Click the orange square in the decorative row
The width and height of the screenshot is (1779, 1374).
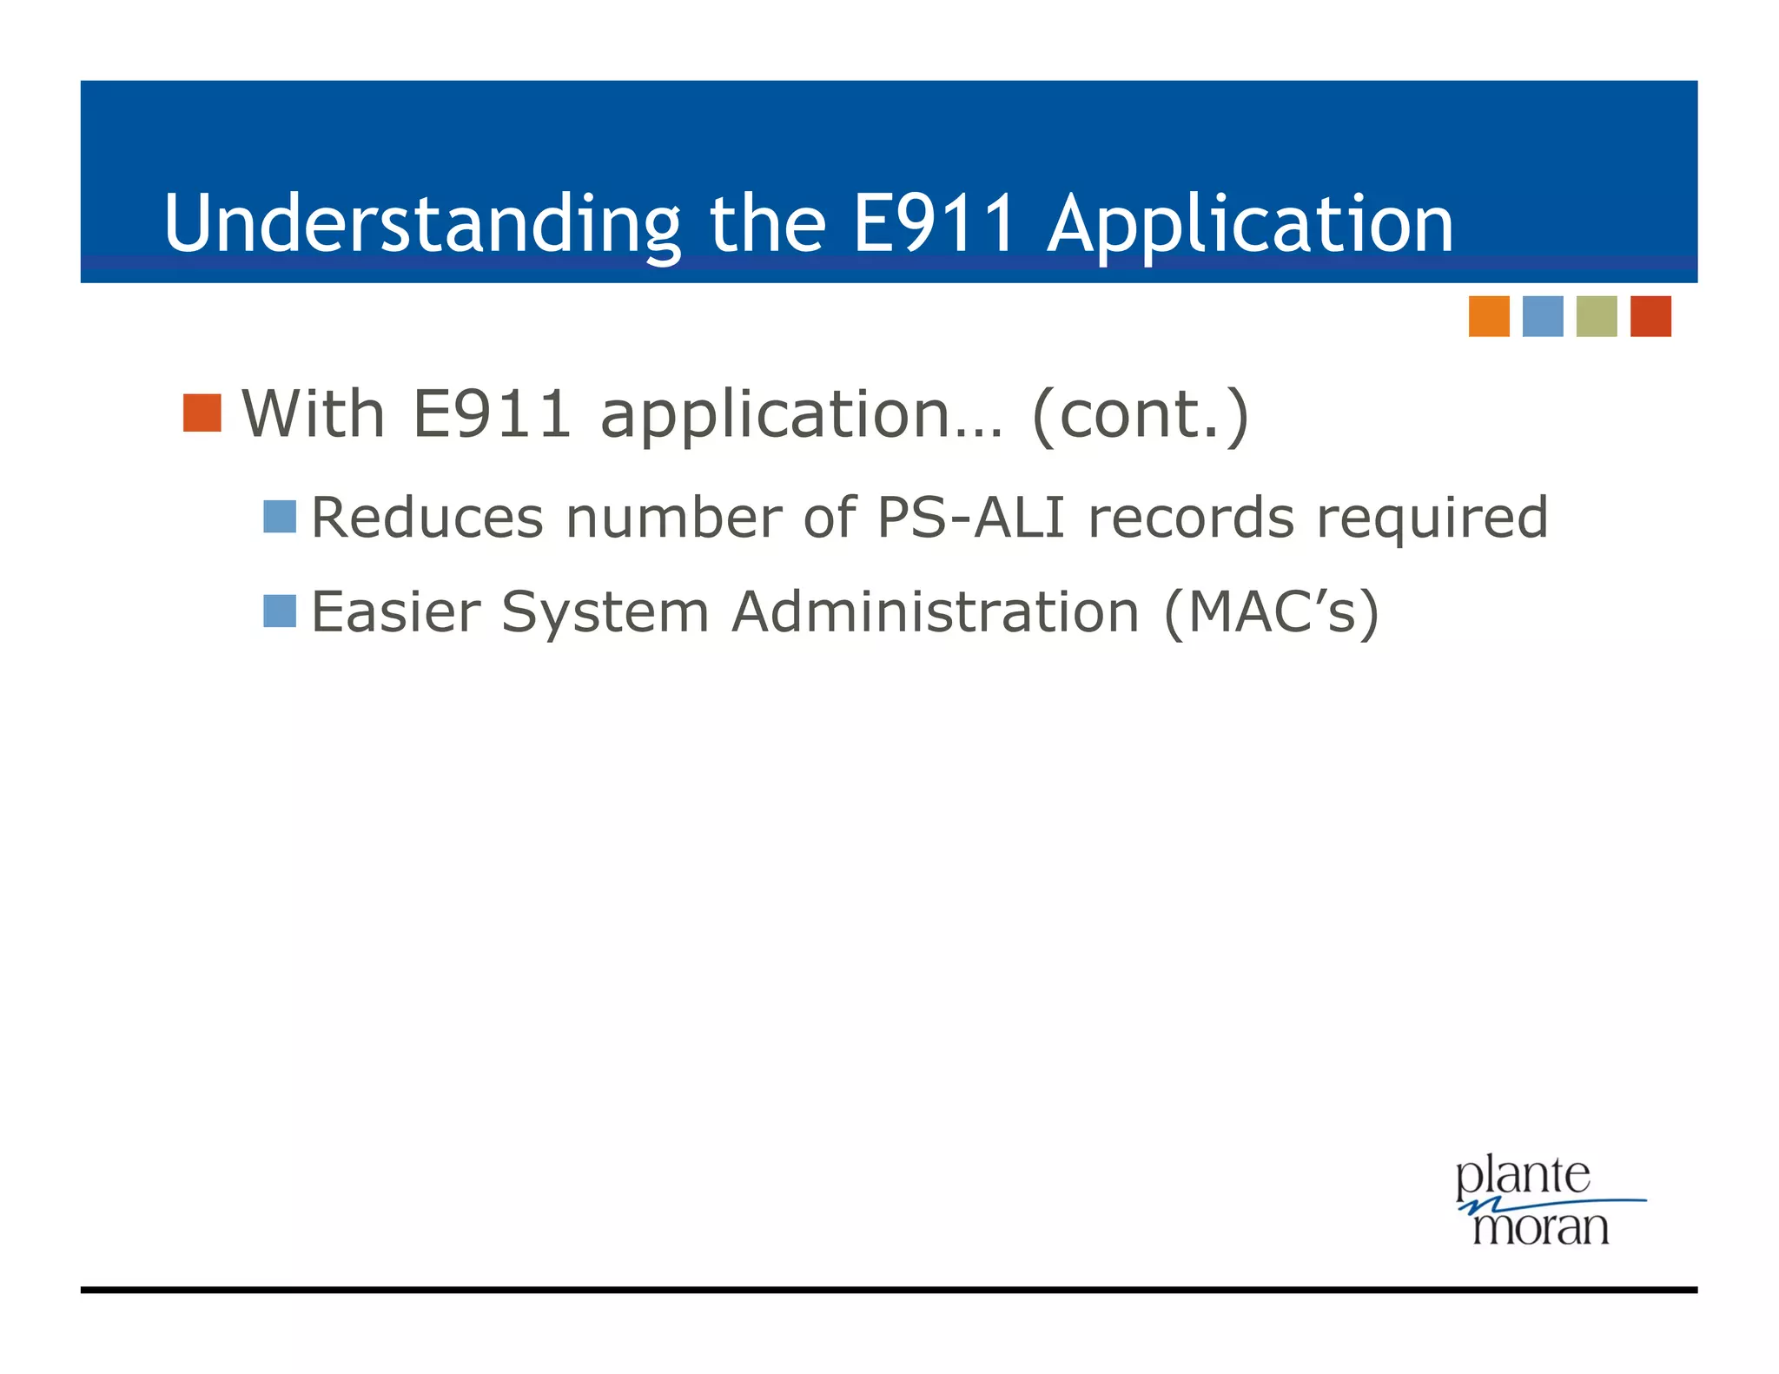point(1488,316)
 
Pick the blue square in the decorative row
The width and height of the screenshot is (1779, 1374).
point(1542,316)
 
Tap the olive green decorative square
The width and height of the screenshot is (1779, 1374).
point(1596,316)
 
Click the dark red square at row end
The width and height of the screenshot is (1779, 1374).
point(1650,316)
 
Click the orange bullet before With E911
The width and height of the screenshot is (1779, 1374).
point(202,413)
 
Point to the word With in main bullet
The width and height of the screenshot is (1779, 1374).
point(313,413)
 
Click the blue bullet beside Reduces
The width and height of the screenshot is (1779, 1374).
point(280,517)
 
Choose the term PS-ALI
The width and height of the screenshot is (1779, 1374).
point(970,518)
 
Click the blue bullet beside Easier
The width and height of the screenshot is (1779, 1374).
point(280,611)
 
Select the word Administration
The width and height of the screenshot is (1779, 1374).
point(935,611)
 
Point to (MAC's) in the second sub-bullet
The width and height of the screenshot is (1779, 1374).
point(1271,613)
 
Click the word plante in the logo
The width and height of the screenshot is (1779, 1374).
point(1523,1179)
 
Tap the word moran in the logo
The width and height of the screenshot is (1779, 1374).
point(1540,1227)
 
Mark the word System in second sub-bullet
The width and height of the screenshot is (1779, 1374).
point(605,613)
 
